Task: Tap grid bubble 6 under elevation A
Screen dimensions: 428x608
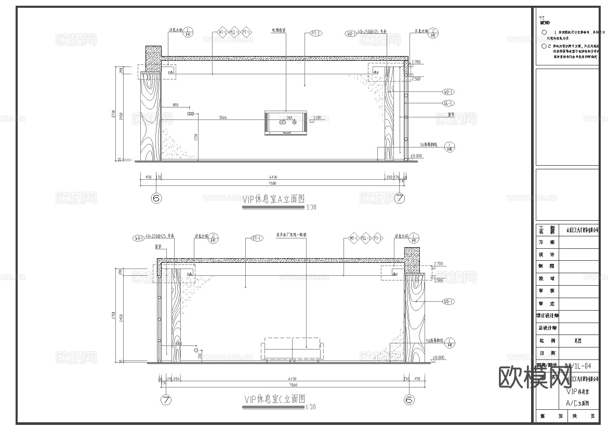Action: point(156,198)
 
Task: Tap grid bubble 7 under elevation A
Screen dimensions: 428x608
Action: point(400,198)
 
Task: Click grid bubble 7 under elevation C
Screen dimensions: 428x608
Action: point(166,399)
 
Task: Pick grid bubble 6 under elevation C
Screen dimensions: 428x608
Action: point(409,399)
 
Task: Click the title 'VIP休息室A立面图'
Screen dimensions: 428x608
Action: point(273,199)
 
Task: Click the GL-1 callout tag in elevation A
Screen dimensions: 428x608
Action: point(448,103)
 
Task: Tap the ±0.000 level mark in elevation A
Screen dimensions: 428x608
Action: point(416,156)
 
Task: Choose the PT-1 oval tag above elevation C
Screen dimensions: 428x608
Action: point(256,238)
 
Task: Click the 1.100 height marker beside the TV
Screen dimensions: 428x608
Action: point(317,118)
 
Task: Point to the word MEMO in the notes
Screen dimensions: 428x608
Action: point(545,23)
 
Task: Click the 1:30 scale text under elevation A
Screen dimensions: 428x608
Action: point(311,207)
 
